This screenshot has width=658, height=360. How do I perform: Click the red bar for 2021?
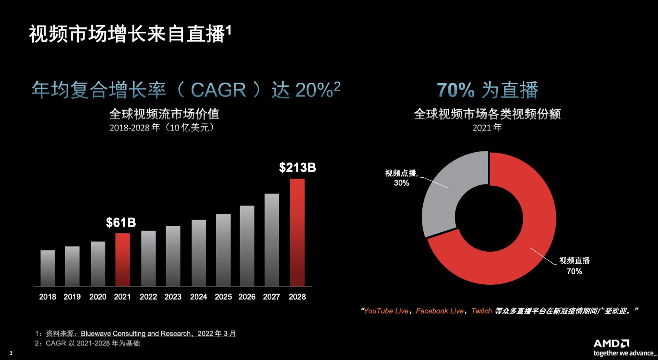[122, 260]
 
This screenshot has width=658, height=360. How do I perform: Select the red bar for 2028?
[297, 232]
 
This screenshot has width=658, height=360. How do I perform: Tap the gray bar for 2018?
[48, 268]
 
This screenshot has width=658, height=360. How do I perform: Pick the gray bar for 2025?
[223, 250]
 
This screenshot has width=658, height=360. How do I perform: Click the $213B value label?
[297, 168]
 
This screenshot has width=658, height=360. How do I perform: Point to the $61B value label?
[121, 223]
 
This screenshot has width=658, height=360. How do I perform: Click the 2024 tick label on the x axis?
[198, 297]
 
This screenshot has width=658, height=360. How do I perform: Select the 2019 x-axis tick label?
[72, 297]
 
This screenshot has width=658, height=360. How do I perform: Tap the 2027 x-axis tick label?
[271, 297]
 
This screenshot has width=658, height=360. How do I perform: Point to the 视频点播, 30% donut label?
[401, 178]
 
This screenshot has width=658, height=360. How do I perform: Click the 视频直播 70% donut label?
[574, 266]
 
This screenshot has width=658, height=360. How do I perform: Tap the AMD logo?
[611, 343]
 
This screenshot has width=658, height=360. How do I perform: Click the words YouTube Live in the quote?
[386, 311]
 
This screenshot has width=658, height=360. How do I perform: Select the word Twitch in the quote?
[481, 311]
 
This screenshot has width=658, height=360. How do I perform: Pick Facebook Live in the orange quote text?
[440, 311]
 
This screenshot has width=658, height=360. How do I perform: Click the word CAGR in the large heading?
[218, 90]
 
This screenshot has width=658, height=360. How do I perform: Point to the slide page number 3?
[11, 353]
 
